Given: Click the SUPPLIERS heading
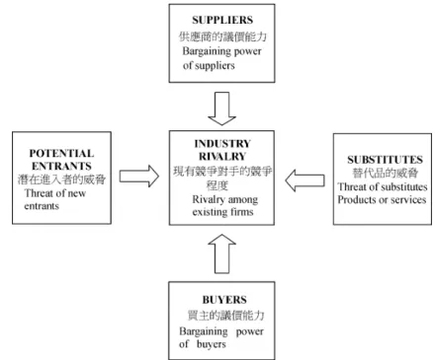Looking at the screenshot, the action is click(x=222, y=20).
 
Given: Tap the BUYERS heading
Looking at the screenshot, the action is click(x=224, y=300).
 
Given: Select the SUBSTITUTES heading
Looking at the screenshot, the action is click(x=385, y=160).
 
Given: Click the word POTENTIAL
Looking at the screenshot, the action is click(x=61, y=153).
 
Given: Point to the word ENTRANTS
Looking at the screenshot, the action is click(x=61, y=166).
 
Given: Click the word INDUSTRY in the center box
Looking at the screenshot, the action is click(x=222, y=144).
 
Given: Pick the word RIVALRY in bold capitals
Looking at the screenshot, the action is click(x=222, y=156).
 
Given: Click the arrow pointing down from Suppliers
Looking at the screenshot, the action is click(x=221, y=108).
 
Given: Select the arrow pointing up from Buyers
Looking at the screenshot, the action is click(x=221, y=253).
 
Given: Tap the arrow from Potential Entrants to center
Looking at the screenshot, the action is click(x=139, y=177).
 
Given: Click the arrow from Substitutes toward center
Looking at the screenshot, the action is click(x=304, y=180).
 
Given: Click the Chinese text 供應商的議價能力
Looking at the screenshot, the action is click(x=222, y=36).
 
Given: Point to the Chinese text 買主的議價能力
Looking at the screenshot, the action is click(x=226, y=316).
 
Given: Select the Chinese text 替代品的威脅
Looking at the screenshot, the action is click(x=386, y=173).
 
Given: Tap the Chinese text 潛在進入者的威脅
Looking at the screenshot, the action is click(x=61, y=180).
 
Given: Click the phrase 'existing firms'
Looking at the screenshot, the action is click(x=222, y=212).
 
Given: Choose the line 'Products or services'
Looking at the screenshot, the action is click(x=382, y=200).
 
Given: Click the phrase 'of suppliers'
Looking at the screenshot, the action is click(x=209, y=66).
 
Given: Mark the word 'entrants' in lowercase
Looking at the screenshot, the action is click(x=42, y=206).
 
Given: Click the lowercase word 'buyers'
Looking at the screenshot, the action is click(x=212, y=344).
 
